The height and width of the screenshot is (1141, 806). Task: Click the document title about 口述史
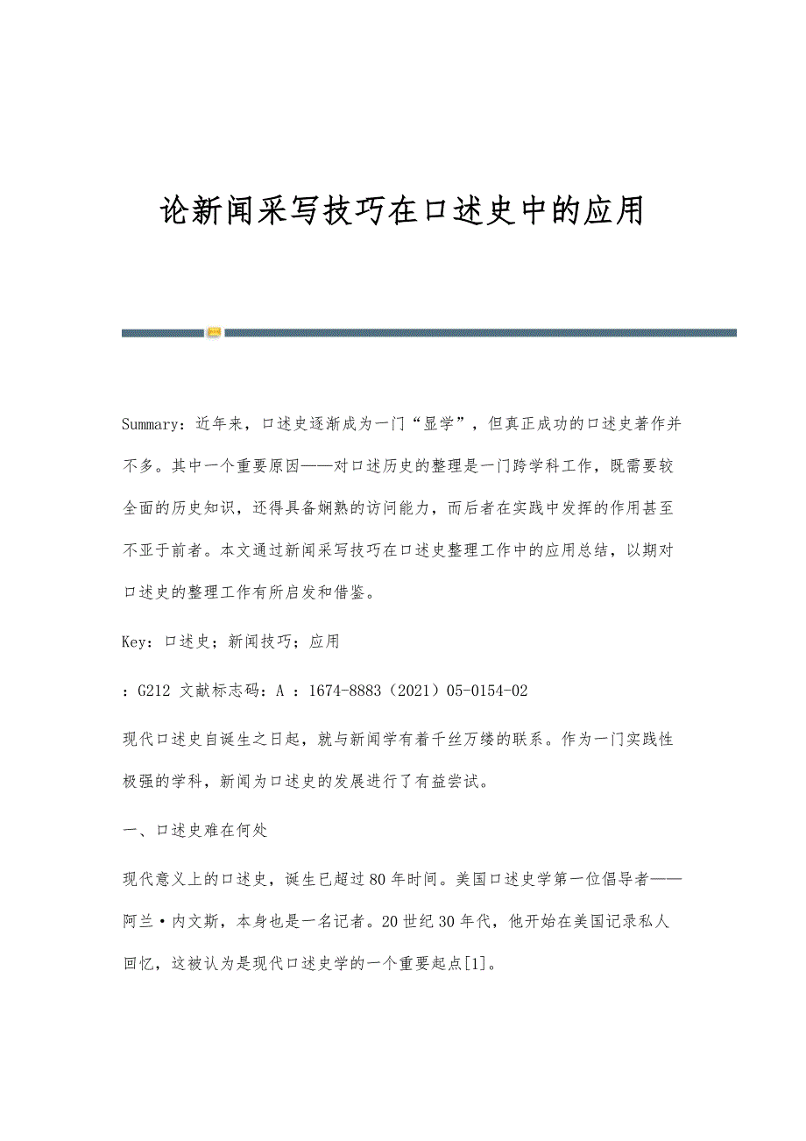click(x=403, y=210)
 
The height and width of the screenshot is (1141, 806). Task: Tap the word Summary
click(x=151, y=424)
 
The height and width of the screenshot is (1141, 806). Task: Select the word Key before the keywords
click(x=135, y=641)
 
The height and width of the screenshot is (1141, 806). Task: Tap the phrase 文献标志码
click(x=219, y=691)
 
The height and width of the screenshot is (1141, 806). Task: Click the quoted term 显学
click(x=437, y=424)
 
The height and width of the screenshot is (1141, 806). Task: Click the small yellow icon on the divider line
click(x=214, y=333)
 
